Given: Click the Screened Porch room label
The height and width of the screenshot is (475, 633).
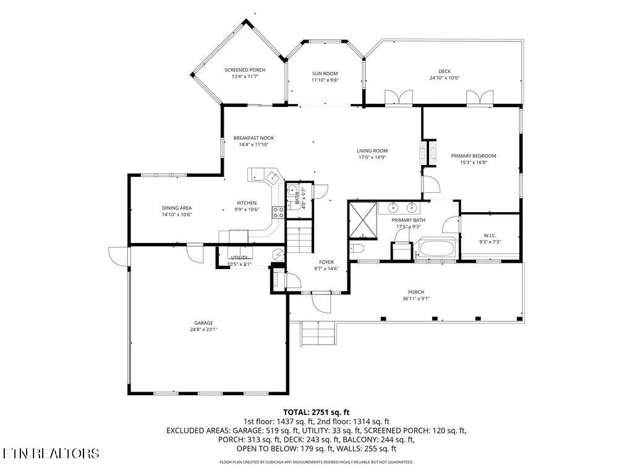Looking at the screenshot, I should pyautogui.click(x=245, y=70).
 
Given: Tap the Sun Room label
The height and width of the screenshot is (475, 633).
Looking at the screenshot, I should pyautogui.click(x=325, y=74).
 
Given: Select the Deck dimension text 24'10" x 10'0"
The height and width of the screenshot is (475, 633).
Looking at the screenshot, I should pyautogui.click(x=444, y=78).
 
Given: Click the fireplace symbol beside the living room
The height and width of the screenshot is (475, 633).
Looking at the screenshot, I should pyautogui.click(x=424, y=153).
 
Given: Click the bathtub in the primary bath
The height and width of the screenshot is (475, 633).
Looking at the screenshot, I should pyautogui.click(x=437, y=249).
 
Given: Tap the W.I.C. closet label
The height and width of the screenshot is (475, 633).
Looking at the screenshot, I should pyautogui.click(x=490, y=235).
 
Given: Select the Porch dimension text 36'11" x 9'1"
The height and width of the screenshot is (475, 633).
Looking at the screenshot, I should pyautogui.click(x=415, y=299).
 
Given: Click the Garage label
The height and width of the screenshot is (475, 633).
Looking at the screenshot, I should pyautogui.click(x=203, y=323).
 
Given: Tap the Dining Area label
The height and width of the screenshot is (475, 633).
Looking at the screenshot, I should pyautogui.click(x=177, y=208).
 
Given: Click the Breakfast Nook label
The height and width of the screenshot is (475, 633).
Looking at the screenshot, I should pyautogui.click(x=253, y=138).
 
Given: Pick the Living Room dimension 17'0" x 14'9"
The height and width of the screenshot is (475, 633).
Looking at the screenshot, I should pyautogui.click(x=372, y=157).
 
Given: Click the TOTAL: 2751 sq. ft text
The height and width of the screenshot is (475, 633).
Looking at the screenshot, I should pyautogui.click(x=316, y=412).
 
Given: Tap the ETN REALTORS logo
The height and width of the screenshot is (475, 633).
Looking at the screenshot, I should pyautogui.click(x=51, y=453).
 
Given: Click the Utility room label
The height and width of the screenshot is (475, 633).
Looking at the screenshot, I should pyautogui.click(x=239, y=257).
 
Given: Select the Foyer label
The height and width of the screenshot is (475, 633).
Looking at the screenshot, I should pyautogui.click(x=326, y=262).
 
